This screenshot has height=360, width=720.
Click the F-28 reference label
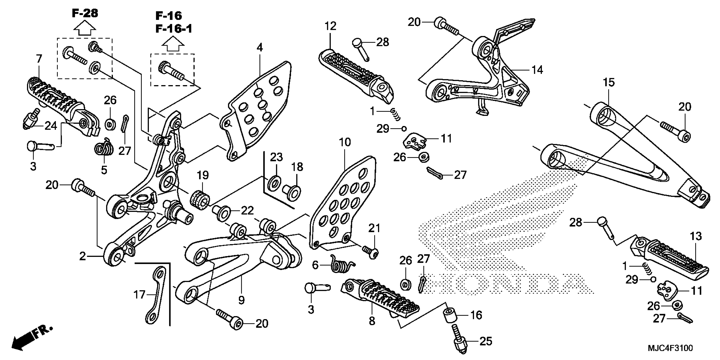pyautogui.click(x=85, y=13)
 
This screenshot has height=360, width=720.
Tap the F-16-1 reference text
pyautogui.click(x=174, y=29)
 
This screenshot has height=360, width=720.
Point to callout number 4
pyautogui.click(x=260, y=48)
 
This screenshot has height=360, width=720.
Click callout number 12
pyautogui.click(x=330, y=26)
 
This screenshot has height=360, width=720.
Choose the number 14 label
pyautogui.click(x=537, y=70)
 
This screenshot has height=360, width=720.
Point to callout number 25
pyautogui.click(x=486, y=341)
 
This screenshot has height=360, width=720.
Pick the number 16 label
pyautogui.click(x=476, y=315)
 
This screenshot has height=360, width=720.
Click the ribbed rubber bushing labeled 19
pyautogui.click(x=200, y=200)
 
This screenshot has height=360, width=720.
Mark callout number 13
pyautogui.click(x=696, y=237)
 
